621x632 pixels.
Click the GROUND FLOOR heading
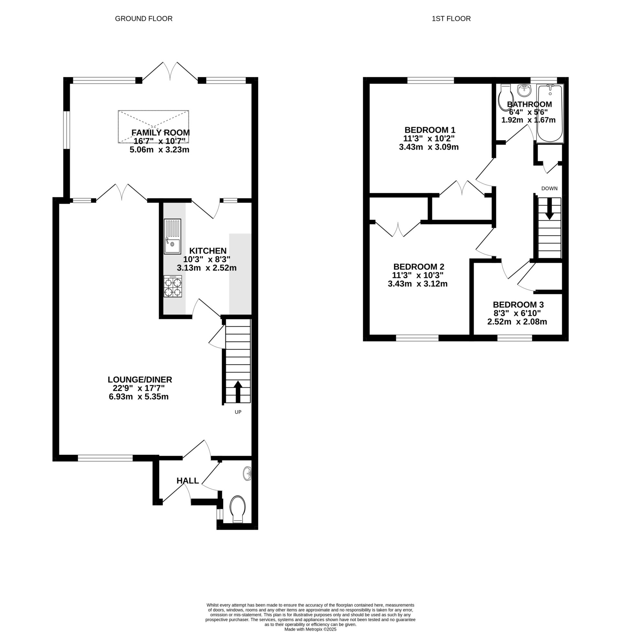(x=144, y=18)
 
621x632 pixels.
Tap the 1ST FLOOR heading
(x=451, y=18)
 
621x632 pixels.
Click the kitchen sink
(x=172, y=237)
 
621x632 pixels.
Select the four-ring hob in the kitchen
(x=173, y=286)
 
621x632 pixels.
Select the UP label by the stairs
(x=238, y=412)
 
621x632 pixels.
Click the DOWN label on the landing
(x=549, y=188)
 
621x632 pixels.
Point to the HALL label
(x=188, y=480)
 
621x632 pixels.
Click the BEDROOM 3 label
(x=518, y=305)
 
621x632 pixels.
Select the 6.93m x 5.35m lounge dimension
(x=139, y=396)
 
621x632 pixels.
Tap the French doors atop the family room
(x=170, y=72)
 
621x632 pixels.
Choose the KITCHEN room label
(x=208, y=250)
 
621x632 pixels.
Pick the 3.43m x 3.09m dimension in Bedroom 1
(x=429, y=147)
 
